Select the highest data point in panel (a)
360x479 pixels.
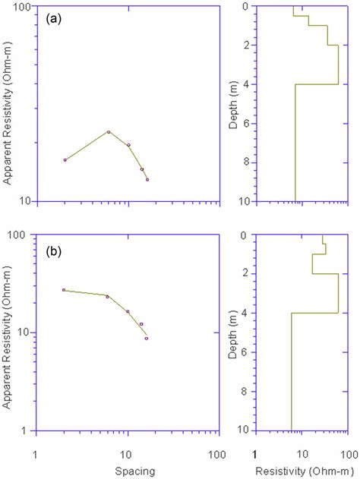coord(109,132)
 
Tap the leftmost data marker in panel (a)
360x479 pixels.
coord(65,159)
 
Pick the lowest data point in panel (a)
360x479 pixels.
coord(147,179)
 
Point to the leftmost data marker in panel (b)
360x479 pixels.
coord(64,290)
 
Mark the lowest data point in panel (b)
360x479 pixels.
coord(147,338)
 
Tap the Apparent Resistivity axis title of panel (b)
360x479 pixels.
coord(8,334)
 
